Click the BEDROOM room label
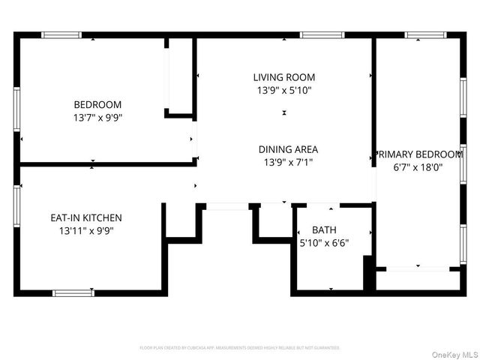coord(97,104)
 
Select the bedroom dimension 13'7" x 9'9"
coord(97,118)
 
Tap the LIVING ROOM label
coord(283,77)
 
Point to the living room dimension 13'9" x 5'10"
coord(283,90)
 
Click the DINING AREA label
coord(288,149)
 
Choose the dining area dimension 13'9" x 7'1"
coord(288,162)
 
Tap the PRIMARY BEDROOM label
coord(418,154)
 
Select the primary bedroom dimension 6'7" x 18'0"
coord(418,168)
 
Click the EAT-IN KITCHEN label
coord(85,217)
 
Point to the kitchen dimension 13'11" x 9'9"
coord(85,231)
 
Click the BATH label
coord(324,230)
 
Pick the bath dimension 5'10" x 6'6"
coord(324,243)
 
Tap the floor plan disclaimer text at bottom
coord(240,348)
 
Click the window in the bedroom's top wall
coord(61,34)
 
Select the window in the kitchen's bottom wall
coord(73,292)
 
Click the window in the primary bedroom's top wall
coord(425,34)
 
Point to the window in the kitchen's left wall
coord(16,206)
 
